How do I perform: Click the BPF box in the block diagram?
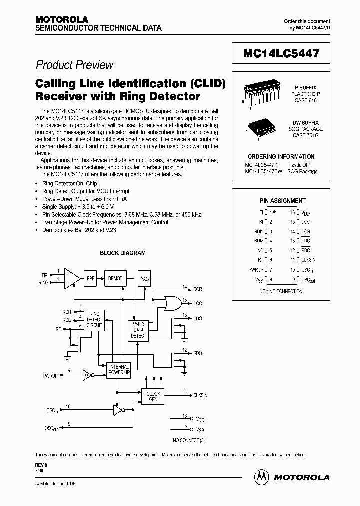click(90, 278)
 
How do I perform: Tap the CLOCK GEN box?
click(153, 397)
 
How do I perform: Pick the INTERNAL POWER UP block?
click(119, 370)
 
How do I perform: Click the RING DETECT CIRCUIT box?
click(94, 319)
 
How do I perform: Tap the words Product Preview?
click(74, 65)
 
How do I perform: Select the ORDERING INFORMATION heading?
click(281, 156)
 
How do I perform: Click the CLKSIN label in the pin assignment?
click(308, 260)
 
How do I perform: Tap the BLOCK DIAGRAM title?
click(122, 253)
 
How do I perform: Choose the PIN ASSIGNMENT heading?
click(282, 200)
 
